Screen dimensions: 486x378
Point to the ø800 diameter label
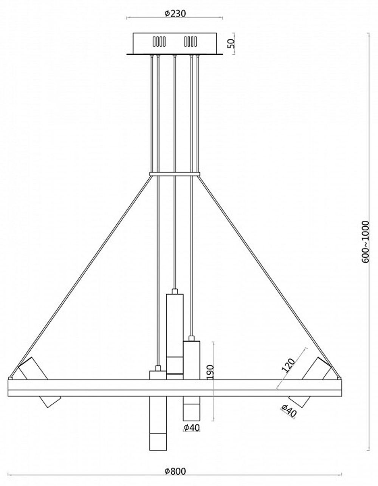point(175,471)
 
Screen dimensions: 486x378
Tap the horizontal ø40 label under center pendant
point(192,427)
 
